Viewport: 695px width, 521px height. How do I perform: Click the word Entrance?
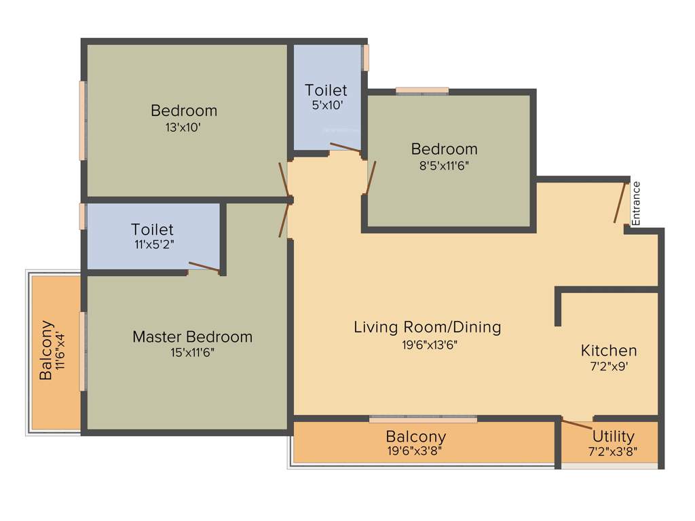[636, 203]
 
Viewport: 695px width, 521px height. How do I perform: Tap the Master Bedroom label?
[192, 336]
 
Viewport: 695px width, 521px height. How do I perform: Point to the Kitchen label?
[609, 351]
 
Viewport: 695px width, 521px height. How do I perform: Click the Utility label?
[613, 436]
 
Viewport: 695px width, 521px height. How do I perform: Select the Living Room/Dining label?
[428, 327]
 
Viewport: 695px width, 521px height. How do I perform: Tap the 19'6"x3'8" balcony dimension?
[416, 450]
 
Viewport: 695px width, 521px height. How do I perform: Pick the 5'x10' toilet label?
[326, 105]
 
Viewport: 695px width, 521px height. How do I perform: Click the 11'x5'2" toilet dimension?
[153, 245]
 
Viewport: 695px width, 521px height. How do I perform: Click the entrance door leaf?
[620, 202]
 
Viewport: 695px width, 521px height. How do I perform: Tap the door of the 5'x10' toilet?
[345, 147]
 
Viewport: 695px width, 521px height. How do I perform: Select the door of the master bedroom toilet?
[204, 267]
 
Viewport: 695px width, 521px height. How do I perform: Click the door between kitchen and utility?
[577, 425]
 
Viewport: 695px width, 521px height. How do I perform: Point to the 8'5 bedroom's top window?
[422, 90]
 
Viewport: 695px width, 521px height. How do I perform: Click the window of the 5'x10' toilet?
[366, 58]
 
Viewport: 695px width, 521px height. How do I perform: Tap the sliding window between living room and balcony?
[423, 419]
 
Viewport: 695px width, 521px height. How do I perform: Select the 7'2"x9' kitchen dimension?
[609, 367]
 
